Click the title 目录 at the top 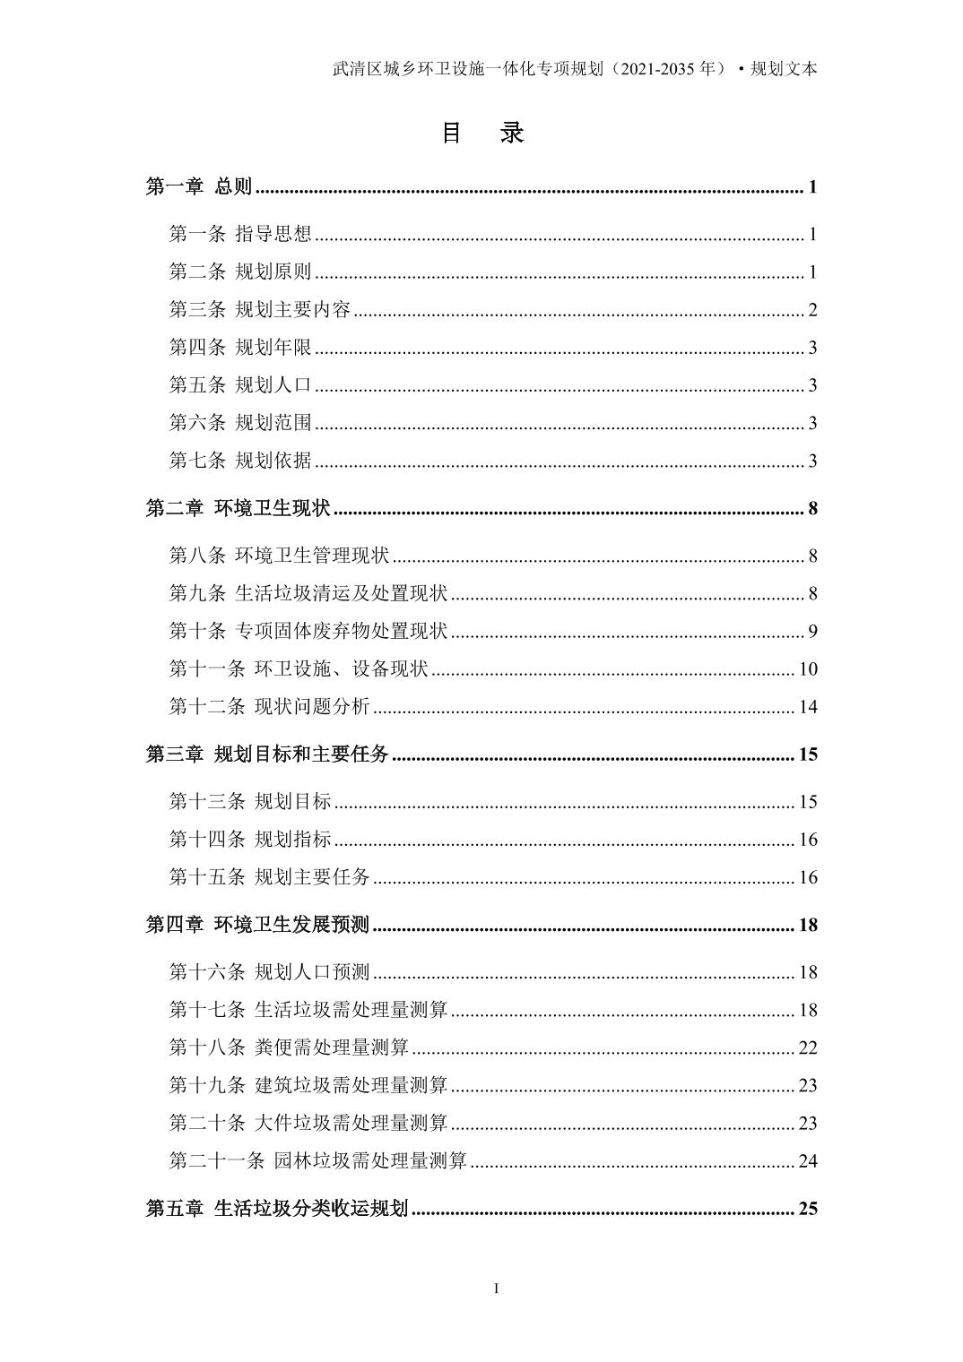pyautogui.click(x=482, y=134)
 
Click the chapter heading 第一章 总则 pyautogui.click(x=199, y=187)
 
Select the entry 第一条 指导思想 pyautogui.click(x=240, y=235)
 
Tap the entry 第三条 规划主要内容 pyautogui.click(x=260, y=310)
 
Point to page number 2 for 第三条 pyautogui.click(x=812, y=310)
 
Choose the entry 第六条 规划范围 pyautogui.click(x=240, y=423)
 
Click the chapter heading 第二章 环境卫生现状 pyautogui.click(x=238, y=509)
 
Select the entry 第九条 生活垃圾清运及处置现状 pyautogui.click(x=308, y=593)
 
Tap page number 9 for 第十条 pyautogui.click(x=812, y=631)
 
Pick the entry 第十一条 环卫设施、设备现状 pyautogui.click(x=299, y=668)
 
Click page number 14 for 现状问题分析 pyautogui.click(x=808, y=706)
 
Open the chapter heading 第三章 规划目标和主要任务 pyautogui.click(x=267, y=754)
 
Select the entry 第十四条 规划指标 pyautogui.click(x=250, y=839)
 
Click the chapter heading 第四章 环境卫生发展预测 pyautogui.click(x=257, y=925)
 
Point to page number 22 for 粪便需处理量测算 pyautogui.click(x=808, y=1047)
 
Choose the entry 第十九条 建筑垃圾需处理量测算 pyautogui.click(x=308, y=1085)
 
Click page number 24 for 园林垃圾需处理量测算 pyautogui.click(x=808, y=1160)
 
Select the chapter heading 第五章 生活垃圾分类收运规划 pyautogui.click(x=277, y=1209)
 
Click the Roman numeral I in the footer pyautogui.click(x=497, y=1289)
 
